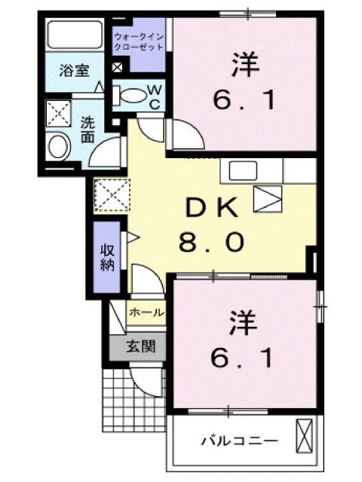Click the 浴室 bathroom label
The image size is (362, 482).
pos(74,72)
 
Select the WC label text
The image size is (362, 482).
pos(153,96)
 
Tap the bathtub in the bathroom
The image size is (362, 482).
pos(73,35)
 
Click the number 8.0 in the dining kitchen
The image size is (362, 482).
pos(212,243)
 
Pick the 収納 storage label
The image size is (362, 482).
pos(107,257)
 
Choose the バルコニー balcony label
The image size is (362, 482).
pos(229,439)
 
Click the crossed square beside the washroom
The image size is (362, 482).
pos(57,113)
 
